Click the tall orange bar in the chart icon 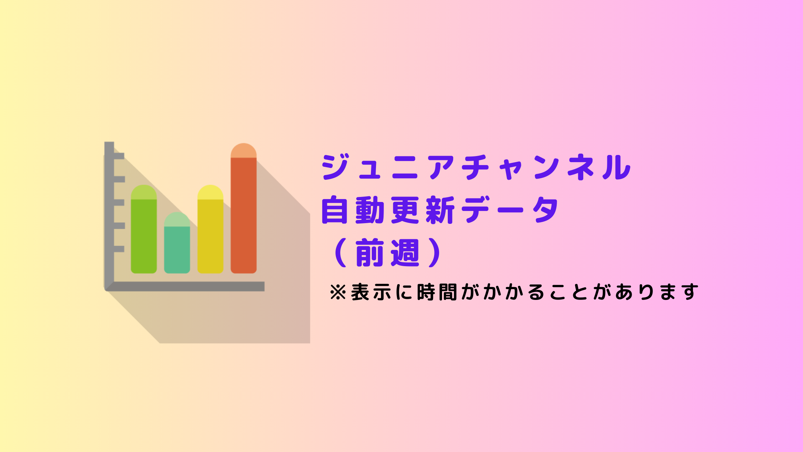click(243, 208)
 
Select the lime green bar click(144, 229)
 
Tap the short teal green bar click(177, 243)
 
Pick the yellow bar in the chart click(210, 229)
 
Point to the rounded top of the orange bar click(243, 151)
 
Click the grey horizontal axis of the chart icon click(185, 286)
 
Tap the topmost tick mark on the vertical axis click(119, 156)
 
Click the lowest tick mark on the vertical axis click(119, 249)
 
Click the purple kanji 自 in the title click(335, 210)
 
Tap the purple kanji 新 click(440, 210)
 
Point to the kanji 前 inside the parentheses click(370, 253)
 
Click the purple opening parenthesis click(341, 253)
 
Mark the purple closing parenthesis click(434, 253)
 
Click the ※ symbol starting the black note click(338, 292)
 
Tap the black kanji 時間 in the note click(437, 292)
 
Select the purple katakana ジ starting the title click(336, 167)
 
